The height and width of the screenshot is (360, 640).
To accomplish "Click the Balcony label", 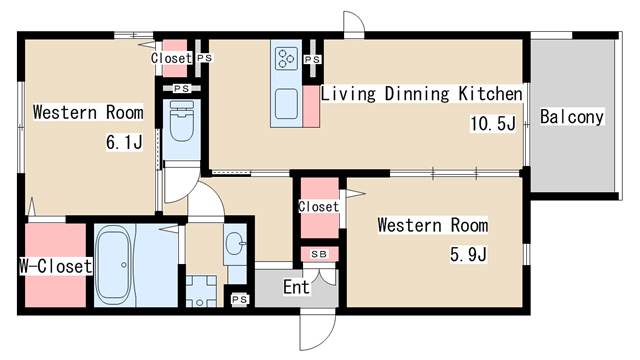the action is point(571,117).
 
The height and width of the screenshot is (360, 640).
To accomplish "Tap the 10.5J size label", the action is point(493,123).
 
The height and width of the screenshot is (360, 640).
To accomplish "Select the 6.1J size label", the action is point(124,142).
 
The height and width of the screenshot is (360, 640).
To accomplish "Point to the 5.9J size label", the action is point(468,254).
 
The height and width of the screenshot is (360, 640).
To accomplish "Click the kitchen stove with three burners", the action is point(286,58).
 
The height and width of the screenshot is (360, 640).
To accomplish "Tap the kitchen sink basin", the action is point(286,104).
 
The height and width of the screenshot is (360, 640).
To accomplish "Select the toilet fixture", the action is point(181,121).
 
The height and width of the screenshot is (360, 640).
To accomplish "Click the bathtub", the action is point(113,265).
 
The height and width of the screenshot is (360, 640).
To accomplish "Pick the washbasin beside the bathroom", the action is point(234,244).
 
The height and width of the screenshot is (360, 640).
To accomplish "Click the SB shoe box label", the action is point(319,254).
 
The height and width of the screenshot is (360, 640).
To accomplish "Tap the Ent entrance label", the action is point(296,287).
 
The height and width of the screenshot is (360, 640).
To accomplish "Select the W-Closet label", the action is point(56,266).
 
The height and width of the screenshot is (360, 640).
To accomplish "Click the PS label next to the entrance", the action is point(240,300).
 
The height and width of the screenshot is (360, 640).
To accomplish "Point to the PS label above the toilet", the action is point(182,88).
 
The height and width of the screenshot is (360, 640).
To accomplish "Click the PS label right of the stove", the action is point(313,60).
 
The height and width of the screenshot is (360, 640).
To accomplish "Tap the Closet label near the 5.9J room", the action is point(318,207).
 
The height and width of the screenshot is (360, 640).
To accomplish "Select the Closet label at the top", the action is point(171,58).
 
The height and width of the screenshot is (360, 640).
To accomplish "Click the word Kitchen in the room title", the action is point(490,93).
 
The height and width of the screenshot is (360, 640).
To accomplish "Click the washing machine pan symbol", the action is point(201,291).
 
